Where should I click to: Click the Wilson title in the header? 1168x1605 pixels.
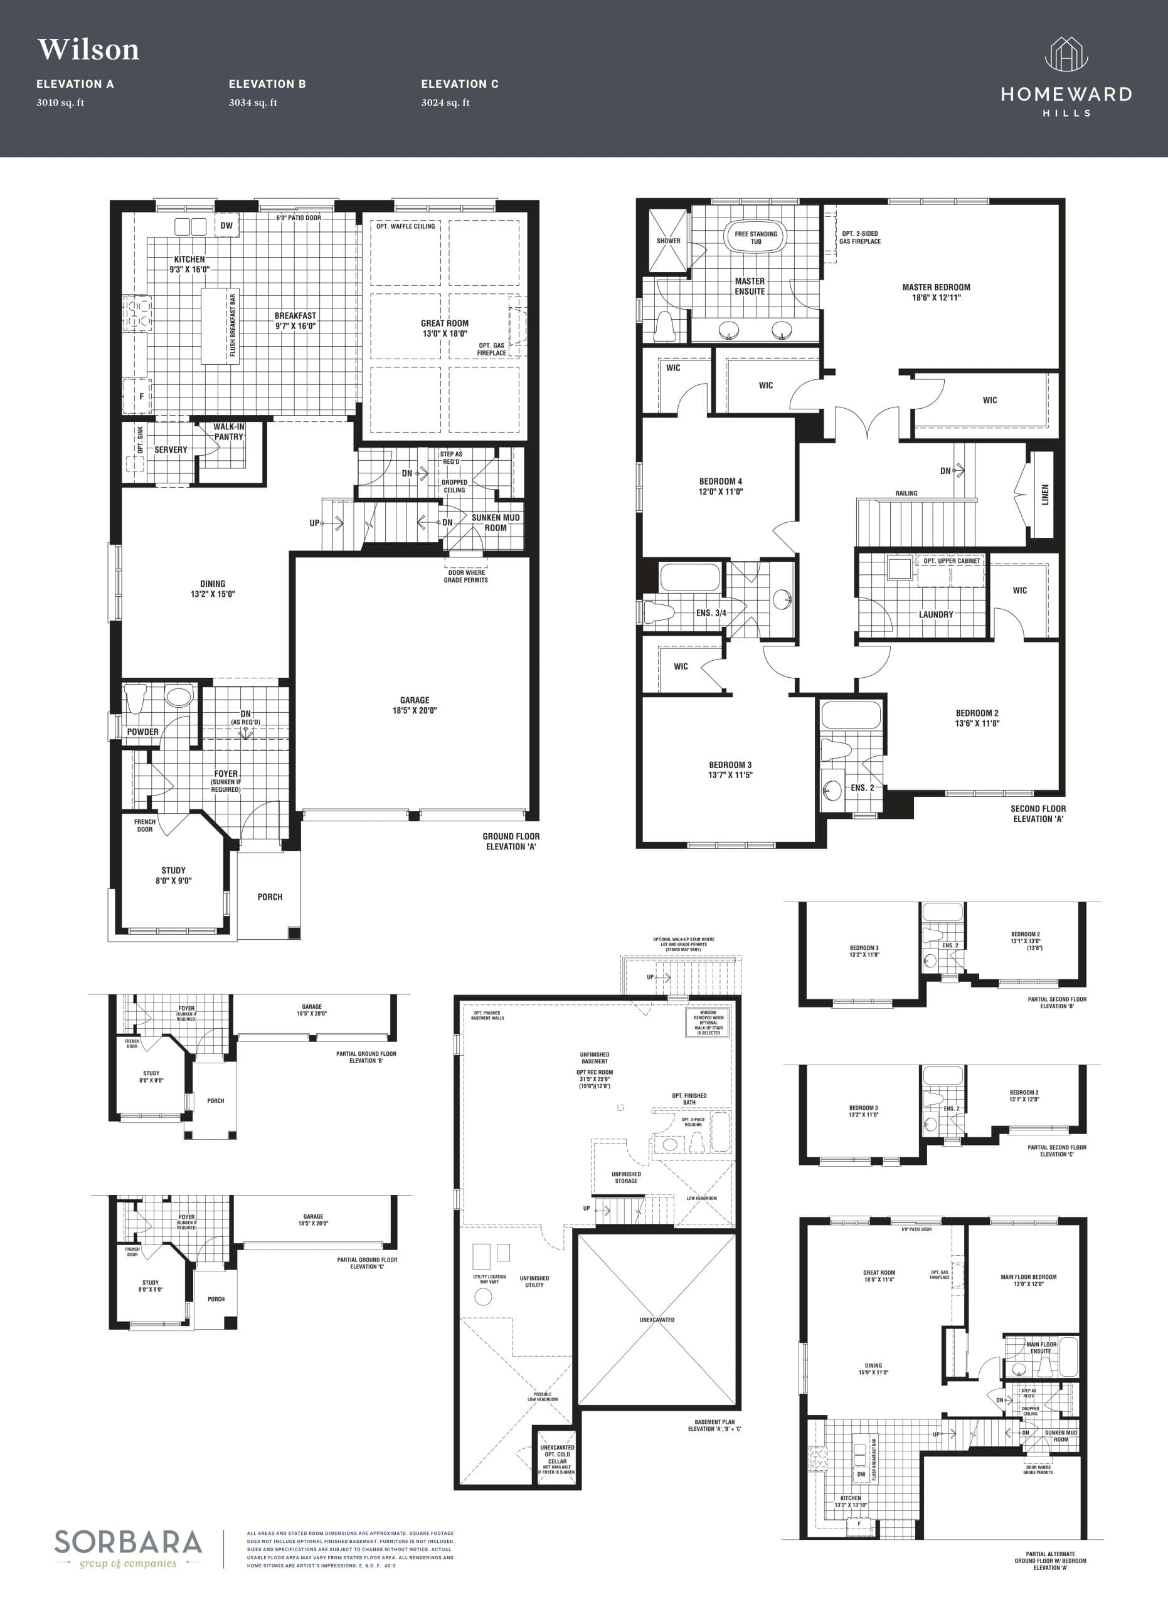[88, 50]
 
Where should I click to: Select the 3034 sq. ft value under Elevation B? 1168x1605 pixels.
[253, 103]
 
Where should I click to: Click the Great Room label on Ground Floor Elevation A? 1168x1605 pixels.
[445, 329]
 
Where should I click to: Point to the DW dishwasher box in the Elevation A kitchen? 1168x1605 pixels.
[226, 226]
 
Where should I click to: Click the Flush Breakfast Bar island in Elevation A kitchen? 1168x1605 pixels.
[220, 326]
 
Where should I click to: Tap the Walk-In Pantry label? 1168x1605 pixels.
[229, 432]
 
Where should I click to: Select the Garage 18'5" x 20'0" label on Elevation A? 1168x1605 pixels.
[415, 705]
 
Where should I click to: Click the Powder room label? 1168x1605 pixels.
[143, 732]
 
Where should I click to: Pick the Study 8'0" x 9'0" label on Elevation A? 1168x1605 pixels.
[173, 875]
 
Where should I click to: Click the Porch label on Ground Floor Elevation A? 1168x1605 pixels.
[270, 897]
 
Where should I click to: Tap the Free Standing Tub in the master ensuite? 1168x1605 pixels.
[755, 238]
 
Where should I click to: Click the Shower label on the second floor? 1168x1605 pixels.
[668, 241]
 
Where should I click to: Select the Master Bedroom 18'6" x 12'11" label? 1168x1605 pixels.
[936, 292]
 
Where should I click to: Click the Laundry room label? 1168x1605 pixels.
[936, 614]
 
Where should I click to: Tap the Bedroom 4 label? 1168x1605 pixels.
[721, 486]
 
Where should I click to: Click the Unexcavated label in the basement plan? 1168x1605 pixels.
[657, 1320]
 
